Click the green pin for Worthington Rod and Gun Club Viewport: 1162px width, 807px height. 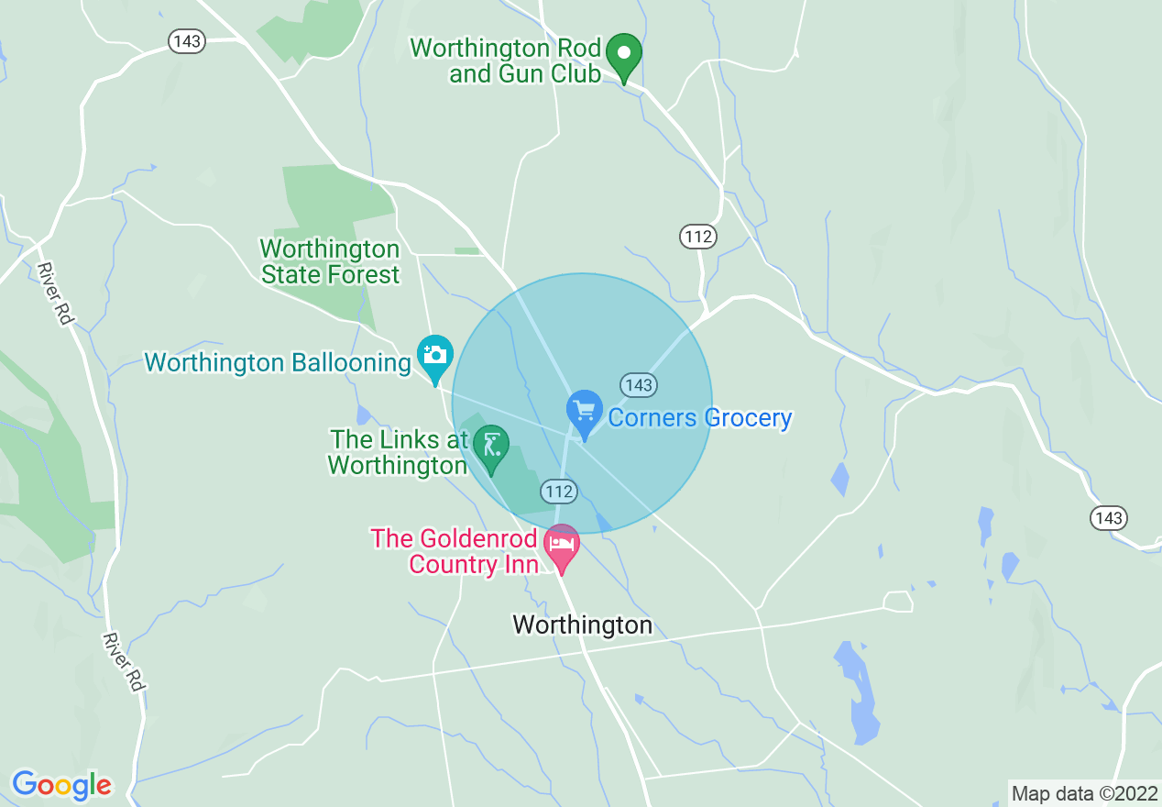coord(625,55)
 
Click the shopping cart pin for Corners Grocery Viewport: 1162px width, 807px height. coord(585,412)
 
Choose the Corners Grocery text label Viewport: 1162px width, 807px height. coord(700,418)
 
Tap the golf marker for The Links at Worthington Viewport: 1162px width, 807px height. coord(491,446)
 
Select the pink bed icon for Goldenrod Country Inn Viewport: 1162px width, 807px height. coord(562,546)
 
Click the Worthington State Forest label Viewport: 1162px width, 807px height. coord(330,262)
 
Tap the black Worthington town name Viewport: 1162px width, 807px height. coord(582,625)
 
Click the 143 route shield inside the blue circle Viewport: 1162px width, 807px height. coord(639,384)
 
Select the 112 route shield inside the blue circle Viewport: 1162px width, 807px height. coord(558,492)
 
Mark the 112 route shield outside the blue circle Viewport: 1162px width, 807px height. coord(697,238)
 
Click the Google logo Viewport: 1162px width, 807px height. coord(61,785)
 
